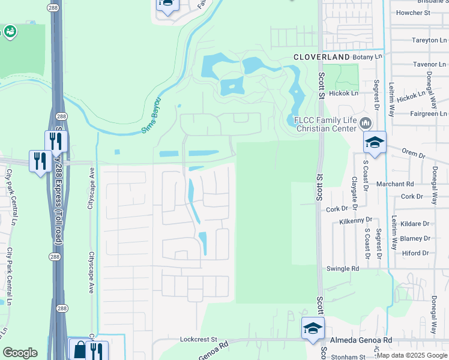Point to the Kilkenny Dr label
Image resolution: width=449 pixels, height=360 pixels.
coord(356,221)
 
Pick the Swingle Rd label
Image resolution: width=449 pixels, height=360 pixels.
coord(342,269)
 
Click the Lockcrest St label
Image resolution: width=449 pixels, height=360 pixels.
coord(198,339)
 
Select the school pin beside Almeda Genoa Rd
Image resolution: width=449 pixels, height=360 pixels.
coord(313,328)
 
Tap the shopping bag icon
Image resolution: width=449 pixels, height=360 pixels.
coord(79,349)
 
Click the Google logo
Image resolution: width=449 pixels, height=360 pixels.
coord(20,353)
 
